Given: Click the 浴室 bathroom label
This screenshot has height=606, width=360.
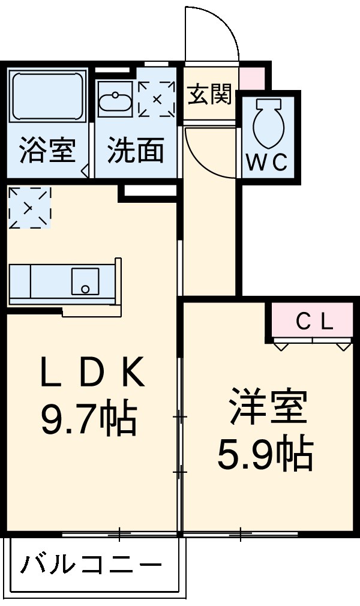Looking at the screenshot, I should [x=47, y=151].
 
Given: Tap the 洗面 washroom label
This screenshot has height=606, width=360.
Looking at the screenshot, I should [x=136, y=151].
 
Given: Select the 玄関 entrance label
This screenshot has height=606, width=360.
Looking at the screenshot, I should [x=209, y=94].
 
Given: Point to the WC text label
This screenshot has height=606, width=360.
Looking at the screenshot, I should [x=268, y=162].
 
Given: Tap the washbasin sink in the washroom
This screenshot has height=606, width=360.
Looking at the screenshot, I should [x=114, y=103].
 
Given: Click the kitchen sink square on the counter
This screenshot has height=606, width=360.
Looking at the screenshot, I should [x=85, y=281].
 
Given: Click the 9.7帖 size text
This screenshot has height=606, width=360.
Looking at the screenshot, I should [x=89, y=419].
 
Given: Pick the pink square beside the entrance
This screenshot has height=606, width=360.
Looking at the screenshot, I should [x=251, y=76].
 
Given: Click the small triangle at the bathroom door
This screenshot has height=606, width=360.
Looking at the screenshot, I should [x=85, y=170].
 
